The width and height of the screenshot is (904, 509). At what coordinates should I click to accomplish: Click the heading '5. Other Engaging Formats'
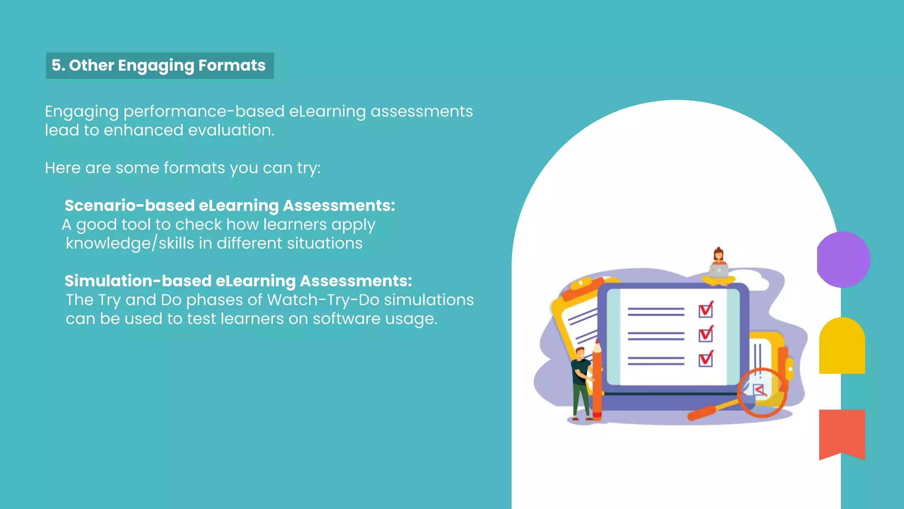pos(159,65)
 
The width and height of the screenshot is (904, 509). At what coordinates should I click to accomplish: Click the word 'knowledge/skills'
pos(110,243)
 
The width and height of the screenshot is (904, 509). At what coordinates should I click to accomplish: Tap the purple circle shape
pos(843,259)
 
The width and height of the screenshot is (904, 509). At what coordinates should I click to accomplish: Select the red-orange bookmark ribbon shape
pos(842,433)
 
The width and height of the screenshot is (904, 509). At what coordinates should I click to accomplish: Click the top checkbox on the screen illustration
pos(705,310)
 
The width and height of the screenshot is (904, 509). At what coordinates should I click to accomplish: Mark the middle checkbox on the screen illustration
pos(705,334)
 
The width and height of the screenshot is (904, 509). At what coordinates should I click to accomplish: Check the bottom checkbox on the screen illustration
pos(705,359)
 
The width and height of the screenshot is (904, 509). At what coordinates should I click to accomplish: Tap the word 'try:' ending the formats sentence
pos(309,168)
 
